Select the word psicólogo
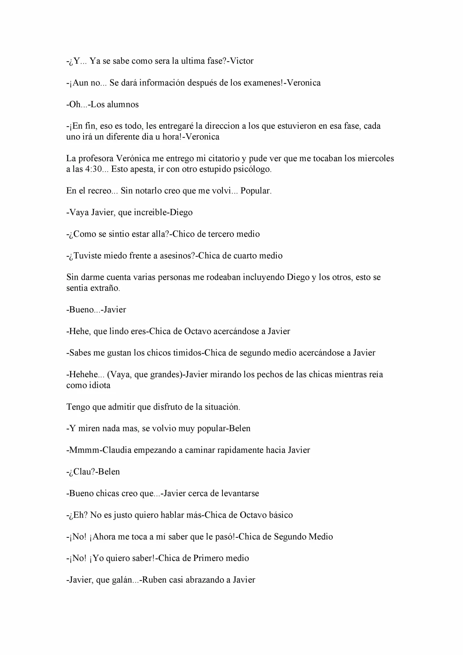[253, 169]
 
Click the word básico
[281, 515]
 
